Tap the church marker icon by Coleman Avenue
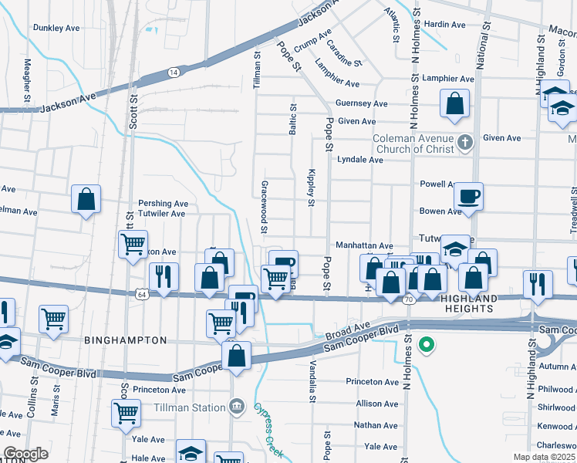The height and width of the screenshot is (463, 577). [x=464, y=142]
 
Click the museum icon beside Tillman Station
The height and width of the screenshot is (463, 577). [x=238, y=406]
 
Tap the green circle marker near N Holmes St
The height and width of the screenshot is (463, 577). [x=425, y=344]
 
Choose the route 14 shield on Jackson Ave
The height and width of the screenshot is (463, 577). [x=174, y=72]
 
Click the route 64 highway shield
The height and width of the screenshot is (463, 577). [x=141, y=294]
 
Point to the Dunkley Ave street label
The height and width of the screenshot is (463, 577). [x=56, y=27]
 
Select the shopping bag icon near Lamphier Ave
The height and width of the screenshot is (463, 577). [x=455, y=103]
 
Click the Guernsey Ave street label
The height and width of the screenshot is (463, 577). [x=361, y=103]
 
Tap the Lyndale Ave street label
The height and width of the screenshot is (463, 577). [x=360, y=160]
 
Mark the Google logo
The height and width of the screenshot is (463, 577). [x=25, y=454]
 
